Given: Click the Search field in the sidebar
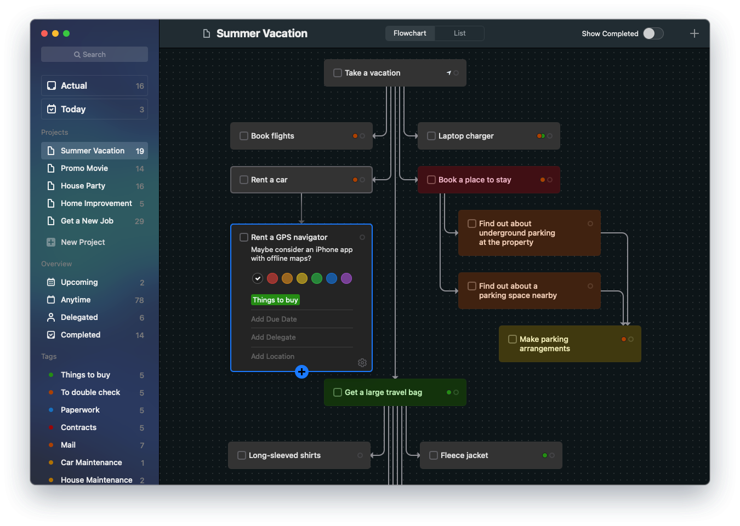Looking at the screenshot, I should coord(94,54).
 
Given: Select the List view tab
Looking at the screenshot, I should coord(459,33).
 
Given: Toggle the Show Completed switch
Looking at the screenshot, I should coord(653,33).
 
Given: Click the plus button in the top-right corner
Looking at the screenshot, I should coord(694,33).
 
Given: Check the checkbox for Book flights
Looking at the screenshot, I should coord(244,136).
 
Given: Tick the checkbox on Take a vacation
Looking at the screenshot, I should coord(338,73).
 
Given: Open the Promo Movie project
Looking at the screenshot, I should coord(84,168).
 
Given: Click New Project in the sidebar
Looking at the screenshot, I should coord(83,242).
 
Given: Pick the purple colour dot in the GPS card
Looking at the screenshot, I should coord(346,278).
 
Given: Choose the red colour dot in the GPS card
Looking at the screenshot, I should coord(272,278).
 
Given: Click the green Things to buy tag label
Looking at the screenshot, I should coord(275,300).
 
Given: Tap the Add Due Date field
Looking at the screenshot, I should coord(274,319).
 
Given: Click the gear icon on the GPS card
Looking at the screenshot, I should coord(362,363).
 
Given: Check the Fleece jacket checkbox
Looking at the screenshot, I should coord(434,455).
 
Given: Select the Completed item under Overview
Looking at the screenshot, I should coord(81,335).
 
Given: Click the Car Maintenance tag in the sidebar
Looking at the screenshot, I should coord(92,462).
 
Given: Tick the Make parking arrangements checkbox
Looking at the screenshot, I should coord(513,339).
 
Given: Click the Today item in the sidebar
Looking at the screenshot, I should coord(73,109).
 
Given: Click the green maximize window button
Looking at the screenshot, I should coord(66,33).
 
